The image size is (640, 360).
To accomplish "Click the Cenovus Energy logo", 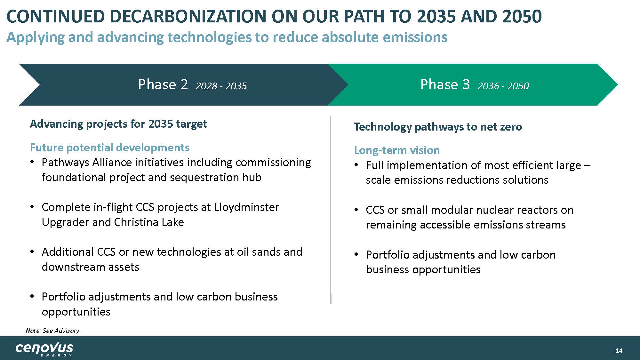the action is click(44, 349).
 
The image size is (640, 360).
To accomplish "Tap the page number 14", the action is click(619, 351).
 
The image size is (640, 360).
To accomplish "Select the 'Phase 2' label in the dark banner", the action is click(163, 84).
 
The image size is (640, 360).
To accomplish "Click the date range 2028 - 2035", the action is click(221, 86).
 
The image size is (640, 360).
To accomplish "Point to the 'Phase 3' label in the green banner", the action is click(445, 84).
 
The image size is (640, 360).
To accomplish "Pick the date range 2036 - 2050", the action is click(503, 86).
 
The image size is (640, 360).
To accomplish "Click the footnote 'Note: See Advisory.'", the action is click(53, 331).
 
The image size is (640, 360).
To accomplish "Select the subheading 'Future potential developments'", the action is click(110, 148).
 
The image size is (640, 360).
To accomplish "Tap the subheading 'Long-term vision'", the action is click(397, 150).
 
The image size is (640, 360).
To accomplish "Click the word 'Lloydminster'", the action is click(246, 207).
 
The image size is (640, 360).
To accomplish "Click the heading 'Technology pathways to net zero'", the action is click(438, 127).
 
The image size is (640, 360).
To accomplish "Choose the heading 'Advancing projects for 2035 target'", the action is click(118, 124).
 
